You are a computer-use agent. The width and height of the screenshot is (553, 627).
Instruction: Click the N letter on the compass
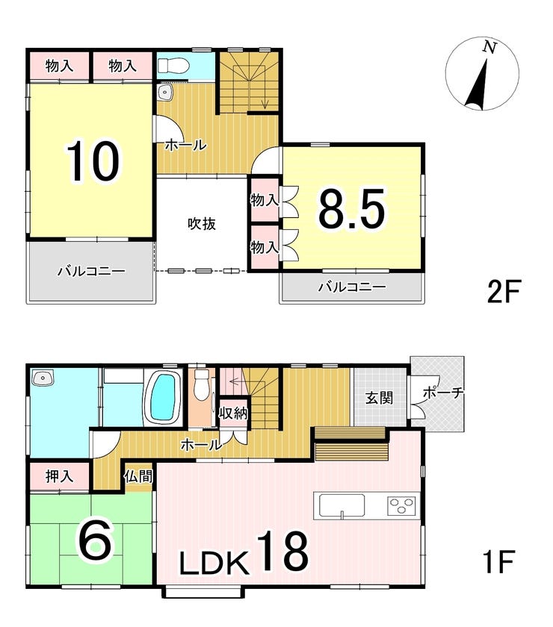(489, 48)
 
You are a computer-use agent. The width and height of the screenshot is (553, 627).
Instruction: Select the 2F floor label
(503, 293)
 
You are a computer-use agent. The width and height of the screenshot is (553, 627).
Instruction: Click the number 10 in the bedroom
(93, 161)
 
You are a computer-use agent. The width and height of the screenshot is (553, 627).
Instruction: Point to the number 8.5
(351, 208)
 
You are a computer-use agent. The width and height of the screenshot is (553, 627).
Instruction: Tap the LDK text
(214, 563)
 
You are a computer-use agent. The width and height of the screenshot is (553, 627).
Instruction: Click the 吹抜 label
(202, 224)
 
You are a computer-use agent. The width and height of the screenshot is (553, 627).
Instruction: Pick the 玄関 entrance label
(379, 399)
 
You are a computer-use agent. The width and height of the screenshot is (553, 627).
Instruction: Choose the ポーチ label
(443, 393)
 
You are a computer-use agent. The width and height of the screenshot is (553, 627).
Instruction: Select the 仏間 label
(138, 476)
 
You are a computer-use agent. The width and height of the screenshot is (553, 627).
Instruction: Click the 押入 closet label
(59, 476)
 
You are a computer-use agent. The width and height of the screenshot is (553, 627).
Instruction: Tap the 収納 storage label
(233, 414)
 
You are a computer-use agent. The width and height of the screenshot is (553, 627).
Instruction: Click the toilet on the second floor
(173, 66)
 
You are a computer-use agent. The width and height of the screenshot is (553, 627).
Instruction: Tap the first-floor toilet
(200, 384)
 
